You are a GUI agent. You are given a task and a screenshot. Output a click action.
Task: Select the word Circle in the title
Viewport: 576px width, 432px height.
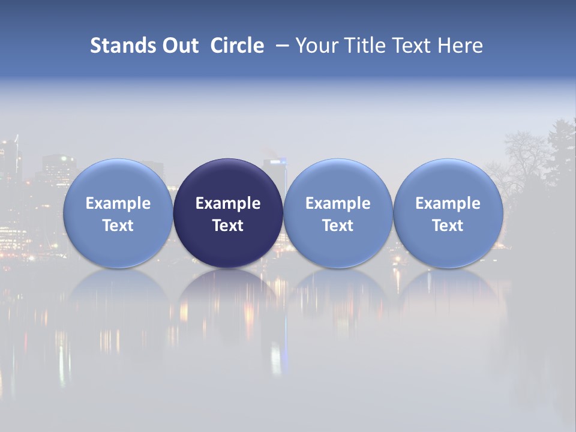237,46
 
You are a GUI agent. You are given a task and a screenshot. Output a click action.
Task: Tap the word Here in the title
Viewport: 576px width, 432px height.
460,46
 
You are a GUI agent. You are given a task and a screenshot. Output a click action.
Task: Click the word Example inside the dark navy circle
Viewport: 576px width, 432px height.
228,203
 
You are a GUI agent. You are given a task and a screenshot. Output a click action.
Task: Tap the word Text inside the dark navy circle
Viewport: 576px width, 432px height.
228,226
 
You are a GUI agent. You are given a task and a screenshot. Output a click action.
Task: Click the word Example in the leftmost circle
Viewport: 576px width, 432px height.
118,203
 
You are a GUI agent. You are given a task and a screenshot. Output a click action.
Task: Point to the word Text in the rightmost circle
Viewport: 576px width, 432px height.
448,226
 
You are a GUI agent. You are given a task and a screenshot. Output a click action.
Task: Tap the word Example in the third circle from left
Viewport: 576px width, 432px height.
338,203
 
